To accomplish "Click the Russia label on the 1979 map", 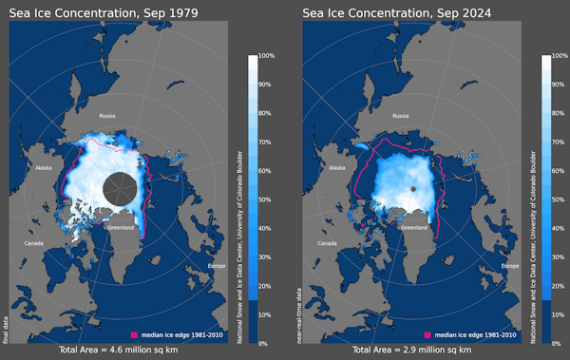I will pyautogui.click(x=106, y=115).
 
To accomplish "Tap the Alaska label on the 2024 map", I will pyautogui.click(x=336, y=167).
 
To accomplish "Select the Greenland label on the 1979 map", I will pyautogui.click(x=121, y=227).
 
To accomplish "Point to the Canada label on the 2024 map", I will pyautogui.click(x=328, y=243).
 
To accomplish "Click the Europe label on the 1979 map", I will pyautogui.click(x=218, y=266).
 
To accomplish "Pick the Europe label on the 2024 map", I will pyautogui.click(x=511, y=266).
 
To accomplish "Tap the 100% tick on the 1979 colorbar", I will pyautogui.click(x=265, y=56).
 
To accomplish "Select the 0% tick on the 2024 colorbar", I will pyautogui.click(x=558, y=343).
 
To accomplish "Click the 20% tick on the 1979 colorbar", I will pyautogui.click(x=265, y=286).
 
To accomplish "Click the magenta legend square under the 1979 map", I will pyautogui.click(x=135, y=335).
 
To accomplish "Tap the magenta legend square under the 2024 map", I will pyautogui.click(x=428, y=335).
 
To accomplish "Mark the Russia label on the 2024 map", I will pyautogui.click(x=400, y=115).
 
